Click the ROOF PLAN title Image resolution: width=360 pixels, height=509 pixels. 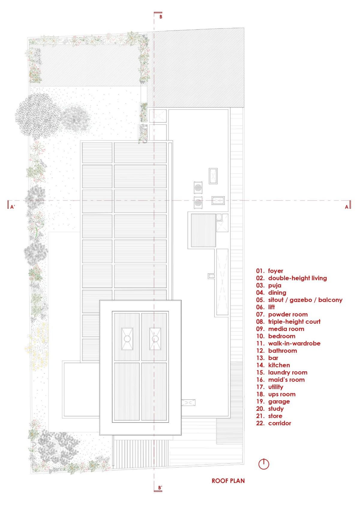click(x=228, y=481)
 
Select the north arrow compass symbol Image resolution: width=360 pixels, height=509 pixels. click(x=264, y=464)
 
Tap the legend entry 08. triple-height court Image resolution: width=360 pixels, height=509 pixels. click(x=288, y=322)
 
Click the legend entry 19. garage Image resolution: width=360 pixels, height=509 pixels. click(x=273, y=401)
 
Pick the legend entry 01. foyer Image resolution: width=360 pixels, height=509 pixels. click(x=269, y=271)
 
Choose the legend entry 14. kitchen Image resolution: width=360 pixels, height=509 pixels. click(x=273, y=365)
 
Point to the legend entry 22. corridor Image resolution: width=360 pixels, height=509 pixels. click(x=274, y=423)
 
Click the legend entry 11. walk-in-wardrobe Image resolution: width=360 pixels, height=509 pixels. click(x=288, y=343)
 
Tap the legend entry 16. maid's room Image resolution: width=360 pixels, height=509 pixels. click(x=280, y=380)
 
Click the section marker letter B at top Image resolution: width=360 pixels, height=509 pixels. click(x=161, y=17)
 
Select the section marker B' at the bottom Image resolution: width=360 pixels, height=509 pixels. click(x=160, y=488)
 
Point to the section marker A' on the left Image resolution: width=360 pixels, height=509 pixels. click(x=13, y=207)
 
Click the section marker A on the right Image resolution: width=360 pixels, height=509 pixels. click(x=346, y=207)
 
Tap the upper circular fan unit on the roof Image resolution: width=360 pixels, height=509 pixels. click(x=198, y=188)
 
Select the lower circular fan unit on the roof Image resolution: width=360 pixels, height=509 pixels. click(x=198, y=202)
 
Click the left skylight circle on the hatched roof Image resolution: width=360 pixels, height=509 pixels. click(x=127, y=339)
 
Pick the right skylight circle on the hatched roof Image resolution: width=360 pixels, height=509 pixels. click(x=155, y=339)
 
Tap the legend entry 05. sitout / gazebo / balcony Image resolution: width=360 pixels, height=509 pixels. click(x=299, y=300)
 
